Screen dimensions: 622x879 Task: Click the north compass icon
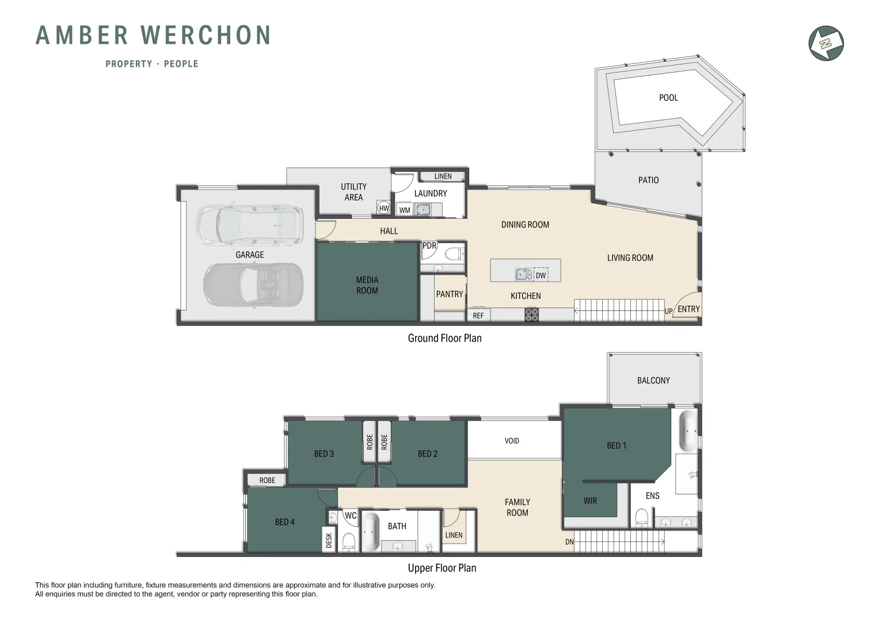click(826, 43)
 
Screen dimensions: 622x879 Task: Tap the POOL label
click(668, 98)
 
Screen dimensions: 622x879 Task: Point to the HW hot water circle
click(384, 208)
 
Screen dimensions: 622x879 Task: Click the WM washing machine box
click(405, 210)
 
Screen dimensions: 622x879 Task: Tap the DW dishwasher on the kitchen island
click(541, 275)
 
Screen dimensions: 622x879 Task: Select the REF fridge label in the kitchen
click(478, 316)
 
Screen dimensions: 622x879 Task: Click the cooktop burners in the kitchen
click(531, 314)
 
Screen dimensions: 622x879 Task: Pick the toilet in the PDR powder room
click(454, 253)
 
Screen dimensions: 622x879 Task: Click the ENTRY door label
click(688, 309)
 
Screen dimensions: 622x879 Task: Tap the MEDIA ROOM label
click(367, 285)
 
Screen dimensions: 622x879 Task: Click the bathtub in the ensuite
click(688, 431)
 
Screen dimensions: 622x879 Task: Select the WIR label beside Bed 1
click(590, 501)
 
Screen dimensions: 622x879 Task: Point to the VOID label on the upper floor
click(512, 441)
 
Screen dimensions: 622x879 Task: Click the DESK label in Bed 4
click(329, 540)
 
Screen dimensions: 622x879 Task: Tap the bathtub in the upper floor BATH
click(370, 532)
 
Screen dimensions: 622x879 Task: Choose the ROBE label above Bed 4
click(267, 480)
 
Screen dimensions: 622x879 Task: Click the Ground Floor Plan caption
click(444, 338)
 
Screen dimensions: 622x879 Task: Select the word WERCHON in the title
click(206, 36)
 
